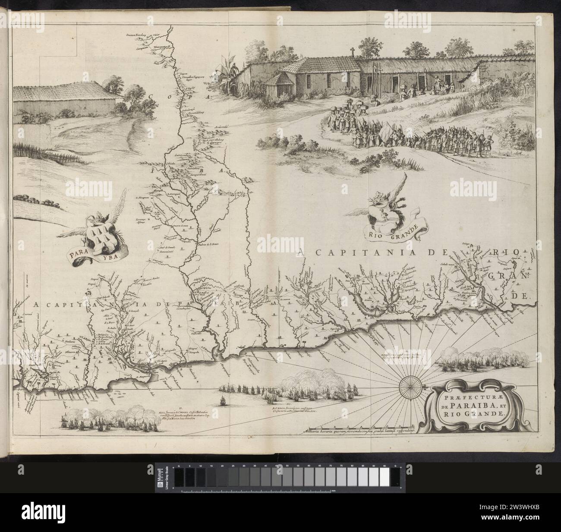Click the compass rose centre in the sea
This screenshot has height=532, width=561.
click(x=406, y=385)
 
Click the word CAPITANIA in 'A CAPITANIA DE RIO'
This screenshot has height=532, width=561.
click(x=343, y=253)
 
